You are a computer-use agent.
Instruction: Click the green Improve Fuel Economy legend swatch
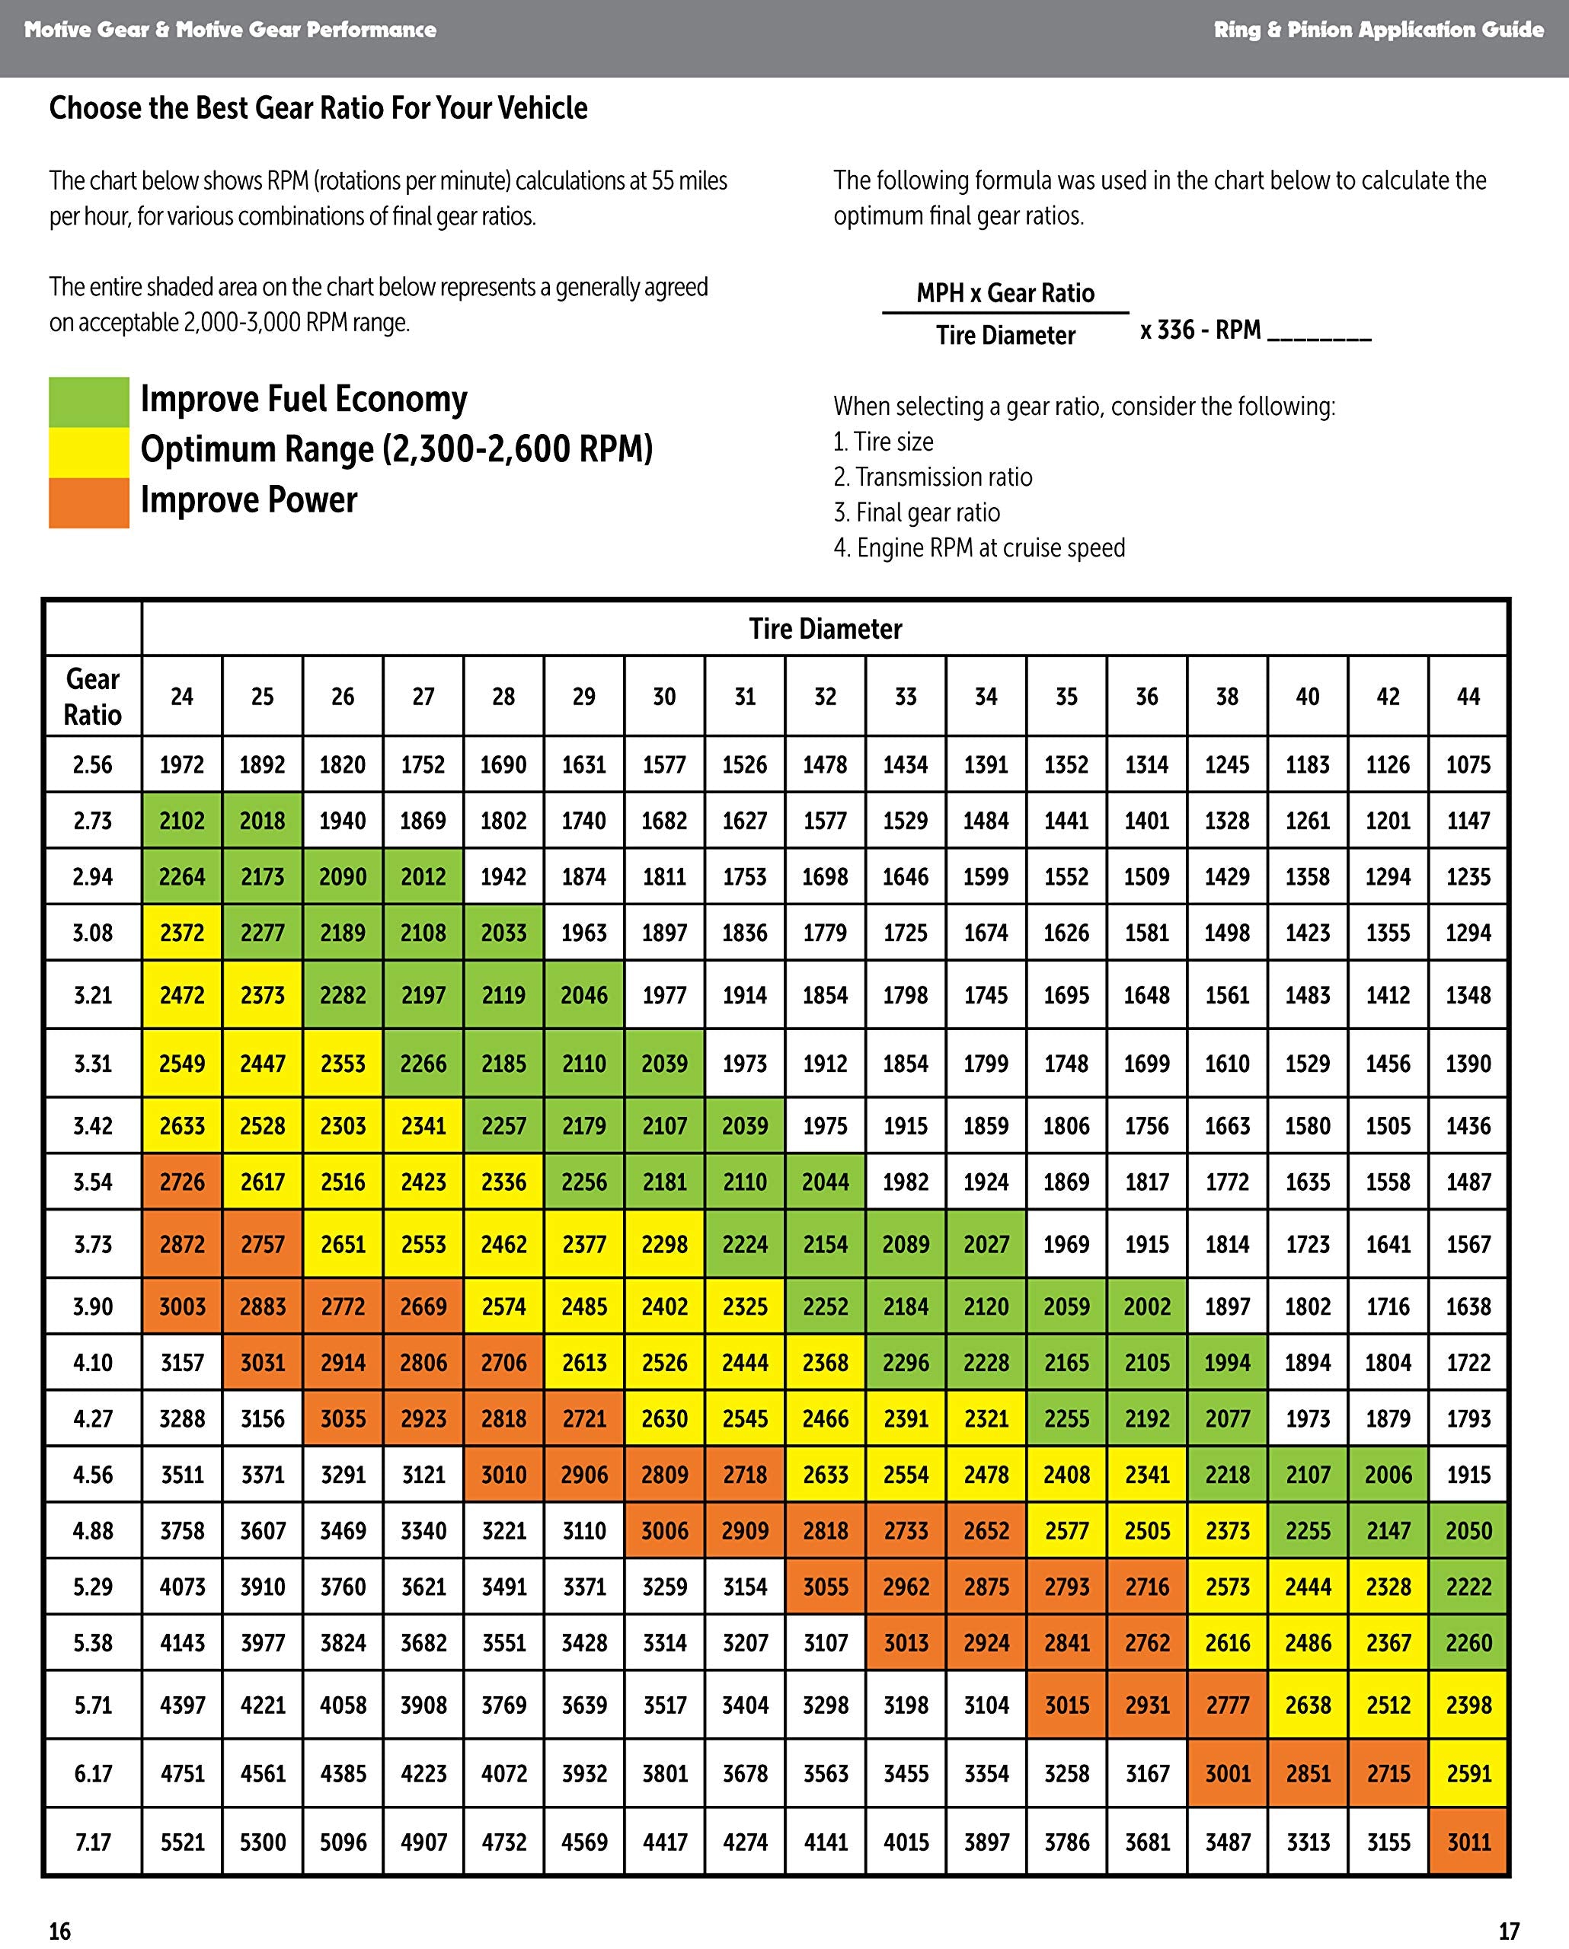point(88,401)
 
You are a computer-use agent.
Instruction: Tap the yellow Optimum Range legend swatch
point(88,452)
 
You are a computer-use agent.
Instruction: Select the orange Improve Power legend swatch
point(88,502)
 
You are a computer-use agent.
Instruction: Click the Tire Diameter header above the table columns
point(825,629)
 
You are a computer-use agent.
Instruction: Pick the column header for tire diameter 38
point(1227,696)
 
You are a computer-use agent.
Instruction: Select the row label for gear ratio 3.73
point(92,1244)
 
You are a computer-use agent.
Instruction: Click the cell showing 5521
point(182,1842)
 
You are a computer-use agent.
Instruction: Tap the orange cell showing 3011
point(1468,1842)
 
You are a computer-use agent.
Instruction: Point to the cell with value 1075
point(1468,765)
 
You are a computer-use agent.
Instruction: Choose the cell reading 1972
point(182,765)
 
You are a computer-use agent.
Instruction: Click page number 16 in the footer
point(59,1931)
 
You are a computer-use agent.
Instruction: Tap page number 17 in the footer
point(1508,1931)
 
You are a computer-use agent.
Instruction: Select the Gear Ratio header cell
point(92,696)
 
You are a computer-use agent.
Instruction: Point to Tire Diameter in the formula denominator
point(1005,336)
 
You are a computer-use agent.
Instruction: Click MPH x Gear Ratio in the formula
point(1005,293)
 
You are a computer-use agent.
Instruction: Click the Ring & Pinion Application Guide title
point(1378,30)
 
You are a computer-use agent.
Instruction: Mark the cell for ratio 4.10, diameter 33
point(906,1362)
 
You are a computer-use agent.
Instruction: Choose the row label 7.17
point(92,1842)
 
